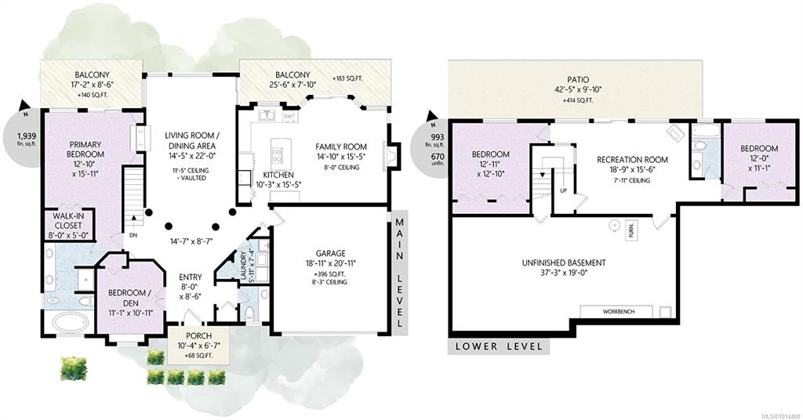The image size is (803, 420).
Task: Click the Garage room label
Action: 330,253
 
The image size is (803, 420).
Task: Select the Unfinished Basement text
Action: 563,263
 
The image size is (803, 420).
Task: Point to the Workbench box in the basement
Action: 616,312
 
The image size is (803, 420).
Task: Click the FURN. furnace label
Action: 631,230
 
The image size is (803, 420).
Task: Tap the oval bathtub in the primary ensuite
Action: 71,324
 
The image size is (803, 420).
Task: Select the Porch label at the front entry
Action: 198,336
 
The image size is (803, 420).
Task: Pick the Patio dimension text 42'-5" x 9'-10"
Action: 577,90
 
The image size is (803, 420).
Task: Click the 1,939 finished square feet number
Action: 27,136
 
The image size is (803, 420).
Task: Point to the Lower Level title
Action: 498,346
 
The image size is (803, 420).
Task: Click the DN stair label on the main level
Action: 133,235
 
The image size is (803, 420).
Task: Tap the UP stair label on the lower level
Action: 563,191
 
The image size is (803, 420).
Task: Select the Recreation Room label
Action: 632,160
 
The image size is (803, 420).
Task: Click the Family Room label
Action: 341,147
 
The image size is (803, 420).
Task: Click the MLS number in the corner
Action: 785,415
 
